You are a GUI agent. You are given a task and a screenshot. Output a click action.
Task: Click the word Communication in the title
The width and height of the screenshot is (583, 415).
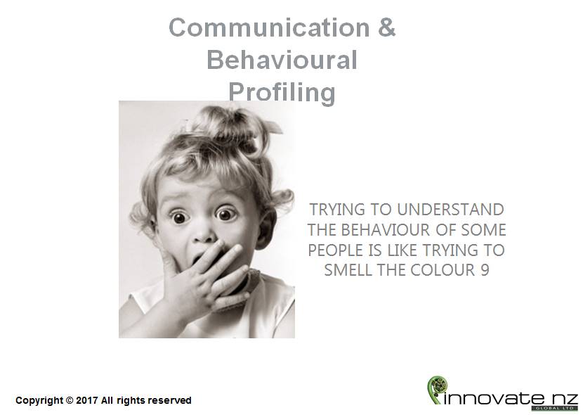click(269, 27)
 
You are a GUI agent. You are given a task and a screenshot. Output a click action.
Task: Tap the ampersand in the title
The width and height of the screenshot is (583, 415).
click(387, 27)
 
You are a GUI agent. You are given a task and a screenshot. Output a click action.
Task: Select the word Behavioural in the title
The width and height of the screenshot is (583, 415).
click(282, 60)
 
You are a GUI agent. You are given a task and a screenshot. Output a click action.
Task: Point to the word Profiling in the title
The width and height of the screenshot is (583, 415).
click(282, 92)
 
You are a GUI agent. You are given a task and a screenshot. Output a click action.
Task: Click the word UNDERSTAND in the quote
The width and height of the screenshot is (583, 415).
click(450, 210)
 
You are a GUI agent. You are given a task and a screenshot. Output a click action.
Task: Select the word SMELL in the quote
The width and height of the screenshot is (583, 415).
click(348, 270)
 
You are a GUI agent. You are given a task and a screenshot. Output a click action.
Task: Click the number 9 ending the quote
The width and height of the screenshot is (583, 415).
click(485, 270)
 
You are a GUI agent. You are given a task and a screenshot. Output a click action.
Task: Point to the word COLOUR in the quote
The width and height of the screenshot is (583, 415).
click(443, 270)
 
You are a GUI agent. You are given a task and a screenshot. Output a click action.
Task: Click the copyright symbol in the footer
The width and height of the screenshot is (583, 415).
click(70, 400)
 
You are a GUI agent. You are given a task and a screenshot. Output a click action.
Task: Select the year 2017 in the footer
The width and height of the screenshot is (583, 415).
click(87, 400)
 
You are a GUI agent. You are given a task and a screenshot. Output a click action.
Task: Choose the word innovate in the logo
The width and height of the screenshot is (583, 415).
click(494, 399)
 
